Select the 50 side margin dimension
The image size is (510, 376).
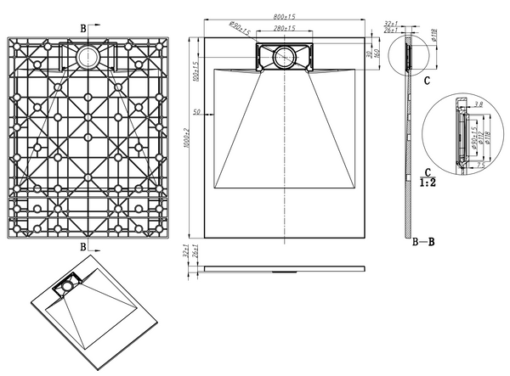click(x=197, y=112)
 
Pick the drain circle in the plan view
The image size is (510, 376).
click(x=285, y=58)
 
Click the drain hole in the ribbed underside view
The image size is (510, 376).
click(x=88, y=58)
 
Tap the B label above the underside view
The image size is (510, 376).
click(x=82, y=28)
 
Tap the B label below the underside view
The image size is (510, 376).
click(x=82, y=246)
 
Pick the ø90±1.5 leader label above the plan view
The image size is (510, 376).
click(x=238, y=30)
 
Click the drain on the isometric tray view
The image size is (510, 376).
click(x=64, y=287)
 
